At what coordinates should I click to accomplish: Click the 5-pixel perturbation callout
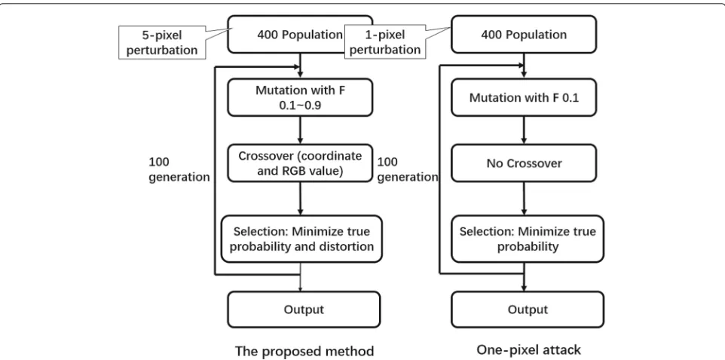[162, 42]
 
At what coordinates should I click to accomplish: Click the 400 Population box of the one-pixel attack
[524, 34]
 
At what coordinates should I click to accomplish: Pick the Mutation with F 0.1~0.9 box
[300, 96]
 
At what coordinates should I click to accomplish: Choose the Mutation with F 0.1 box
[524, 96]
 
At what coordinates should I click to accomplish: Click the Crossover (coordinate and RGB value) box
[300, 163]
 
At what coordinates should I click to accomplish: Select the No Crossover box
[524, 163]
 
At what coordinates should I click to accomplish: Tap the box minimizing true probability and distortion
[302, 239]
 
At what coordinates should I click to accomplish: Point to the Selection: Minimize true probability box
[527, 239]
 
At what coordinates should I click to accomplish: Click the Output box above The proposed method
[303, 310]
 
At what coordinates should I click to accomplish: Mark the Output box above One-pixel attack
[527, 310]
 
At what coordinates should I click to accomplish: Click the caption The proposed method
[304, 351]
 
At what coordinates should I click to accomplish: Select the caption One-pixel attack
[528, 349]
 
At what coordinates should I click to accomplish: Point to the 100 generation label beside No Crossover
[408, 169]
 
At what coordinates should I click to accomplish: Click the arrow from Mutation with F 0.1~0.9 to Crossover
[301, 130]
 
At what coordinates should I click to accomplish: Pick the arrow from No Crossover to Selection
[524, 199]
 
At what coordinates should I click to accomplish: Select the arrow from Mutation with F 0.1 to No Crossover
[524, 130]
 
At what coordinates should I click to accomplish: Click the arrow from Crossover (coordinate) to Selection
[301, 199]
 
